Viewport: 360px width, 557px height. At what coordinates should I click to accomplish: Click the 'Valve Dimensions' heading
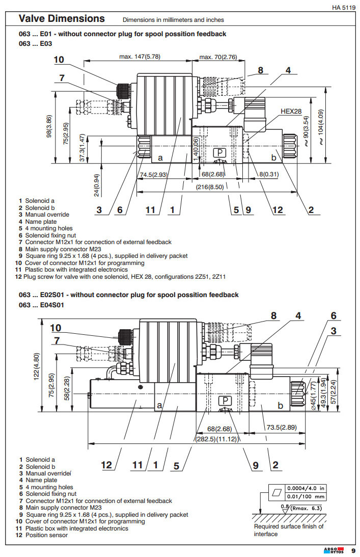pyautogui.click(x=62, y=19)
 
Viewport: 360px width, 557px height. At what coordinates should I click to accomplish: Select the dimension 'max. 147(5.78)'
pyautogui.click(x=141, y=57)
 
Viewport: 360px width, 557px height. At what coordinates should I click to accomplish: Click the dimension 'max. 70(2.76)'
pyautogui.click(x=218, y=57)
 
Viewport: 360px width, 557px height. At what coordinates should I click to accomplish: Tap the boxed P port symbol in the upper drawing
pyautogui.click(x=219, y=153)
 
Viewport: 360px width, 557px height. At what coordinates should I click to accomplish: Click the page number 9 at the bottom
pyautogui.click(x=353, y=550)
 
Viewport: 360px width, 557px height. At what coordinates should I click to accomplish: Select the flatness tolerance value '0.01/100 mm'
pyautogui.click(x=306, y=496)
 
